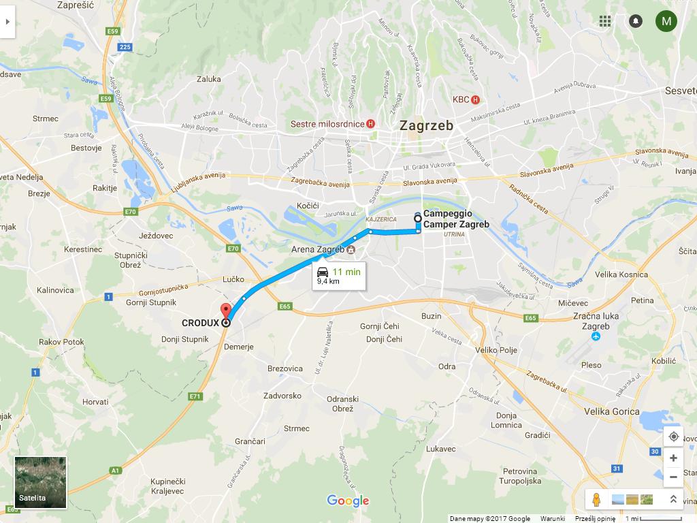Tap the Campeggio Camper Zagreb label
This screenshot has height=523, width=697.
[456, 219]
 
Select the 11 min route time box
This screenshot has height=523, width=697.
[339, 276]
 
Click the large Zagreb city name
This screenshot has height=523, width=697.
[427, 126]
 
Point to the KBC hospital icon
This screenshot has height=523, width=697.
[475, 99]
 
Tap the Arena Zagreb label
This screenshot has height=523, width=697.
[317, 250]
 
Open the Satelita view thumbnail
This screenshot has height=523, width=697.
[41, 483]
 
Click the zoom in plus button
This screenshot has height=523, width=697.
[673, 458]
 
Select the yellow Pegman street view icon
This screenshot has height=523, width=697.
[596, 500]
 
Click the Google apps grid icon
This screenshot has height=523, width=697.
[605, 21]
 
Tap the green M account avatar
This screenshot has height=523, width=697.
[666, 21]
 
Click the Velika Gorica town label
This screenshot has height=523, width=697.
[612, 411]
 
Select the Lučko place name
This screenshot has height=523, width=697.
[233, 280]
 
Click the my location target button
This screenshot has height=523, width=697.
[673, 437]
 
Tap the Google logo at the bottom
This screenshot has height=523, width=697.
[348, 501]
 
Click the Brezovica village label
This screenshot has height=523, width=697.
[285, 368]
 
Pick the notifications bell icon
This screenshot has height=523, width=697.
[635, 21]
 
